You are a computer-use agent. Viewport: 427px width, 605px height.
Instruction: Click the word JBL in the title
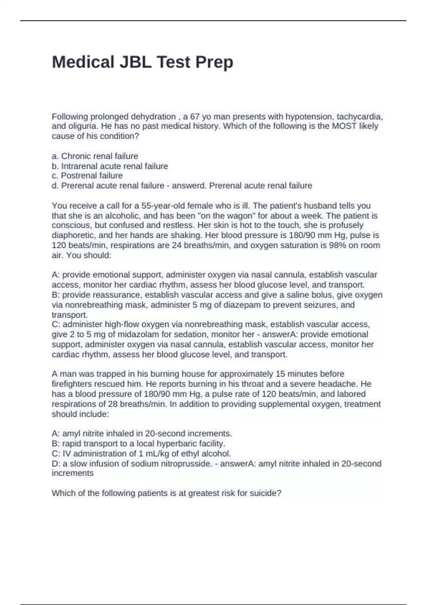[x=135, y=62]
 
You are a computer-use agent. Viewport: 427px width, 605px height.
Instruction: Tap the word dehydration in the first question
[x=153, y=116]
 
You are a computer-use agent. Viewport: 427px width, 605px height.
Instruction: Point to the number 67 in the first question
[x=195, y=116]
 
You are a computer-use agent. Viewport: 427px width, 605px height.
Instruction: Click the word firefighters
[x=74, y=384]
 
